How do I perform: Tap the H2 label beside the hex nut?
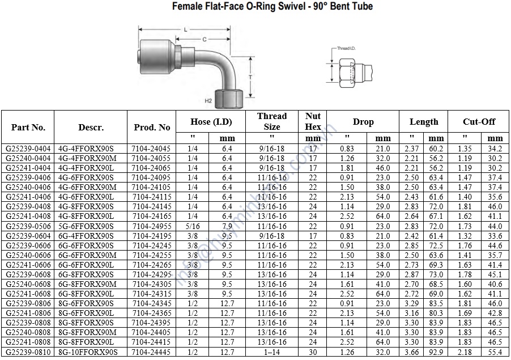(x=208, y=101)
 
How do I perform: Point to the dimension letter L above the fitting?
(x=185, y=29)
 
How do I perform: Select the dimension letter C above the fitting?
(x=205, y=40)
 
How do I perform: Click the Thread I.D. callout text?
(x=346, y=48)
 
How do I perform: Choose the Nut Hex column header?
(x=313, y=121)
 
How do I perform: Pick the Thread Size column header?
(x=272, y=121)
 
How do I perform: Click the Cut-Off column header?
(x=479, y=122)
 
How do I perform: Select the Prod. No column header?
(x=152, y=127)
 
